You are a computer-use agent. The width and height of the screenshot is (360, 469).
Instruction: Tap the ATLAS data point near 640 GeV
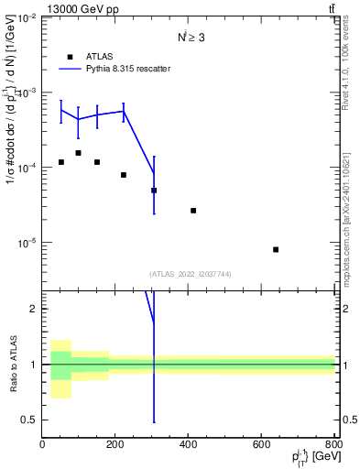276,249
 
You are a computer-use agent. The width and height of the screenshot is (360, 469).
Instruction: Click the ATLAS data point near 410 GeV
193,211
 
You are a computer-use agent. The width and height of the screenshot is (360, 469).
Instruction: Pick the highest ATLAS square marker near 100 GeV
79,153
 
